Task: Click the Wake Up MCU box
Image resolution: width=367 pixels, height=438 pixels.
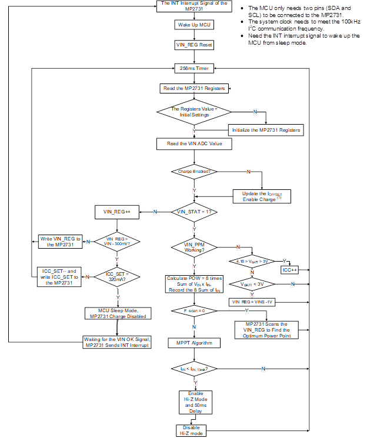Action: click(x=193, y=25)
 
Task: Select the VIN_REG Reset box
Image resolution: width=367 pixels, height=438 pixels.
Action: click(x=193, y=45)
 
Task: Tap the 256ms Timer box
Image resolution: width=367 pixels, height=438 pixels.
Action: click(x=193, y=68)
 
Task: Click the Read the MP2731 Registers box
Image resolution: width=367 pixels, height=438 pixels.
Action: click(x=193, y=88)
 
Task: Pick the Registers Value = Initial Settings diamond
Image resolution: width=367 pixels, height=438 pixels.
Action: click(x=193, y=112)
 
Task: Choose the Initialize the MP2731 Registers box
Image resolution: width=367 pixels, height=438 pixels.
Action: click(x=265, y=130)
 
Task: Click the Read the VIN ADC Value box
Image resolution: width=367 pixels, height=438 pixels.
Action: click(x=193, y=143)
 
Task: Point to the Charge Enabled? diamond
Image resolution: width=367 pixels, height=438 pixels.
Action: click(x=193, y=172)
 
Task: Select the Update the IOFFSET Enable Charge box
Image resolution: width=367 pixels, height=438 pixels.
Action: click(x=262, y=196)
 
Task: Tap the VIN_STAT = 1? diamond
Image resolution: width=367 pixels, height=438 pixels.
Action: click(x=193, y=211)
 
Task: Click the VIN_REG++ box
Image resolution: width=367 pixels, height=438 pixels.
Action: click(x=116, y=211)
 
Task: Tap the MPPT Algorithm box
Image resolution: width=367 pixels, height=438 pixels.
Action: click(x=193, y=342)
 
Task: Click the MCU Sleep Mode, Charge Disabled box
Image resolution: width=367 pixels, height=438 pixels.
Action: click(x=116, y=313)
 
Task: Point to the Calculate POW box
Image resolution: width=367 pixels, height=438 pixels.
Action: click(x=193, y=283)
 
